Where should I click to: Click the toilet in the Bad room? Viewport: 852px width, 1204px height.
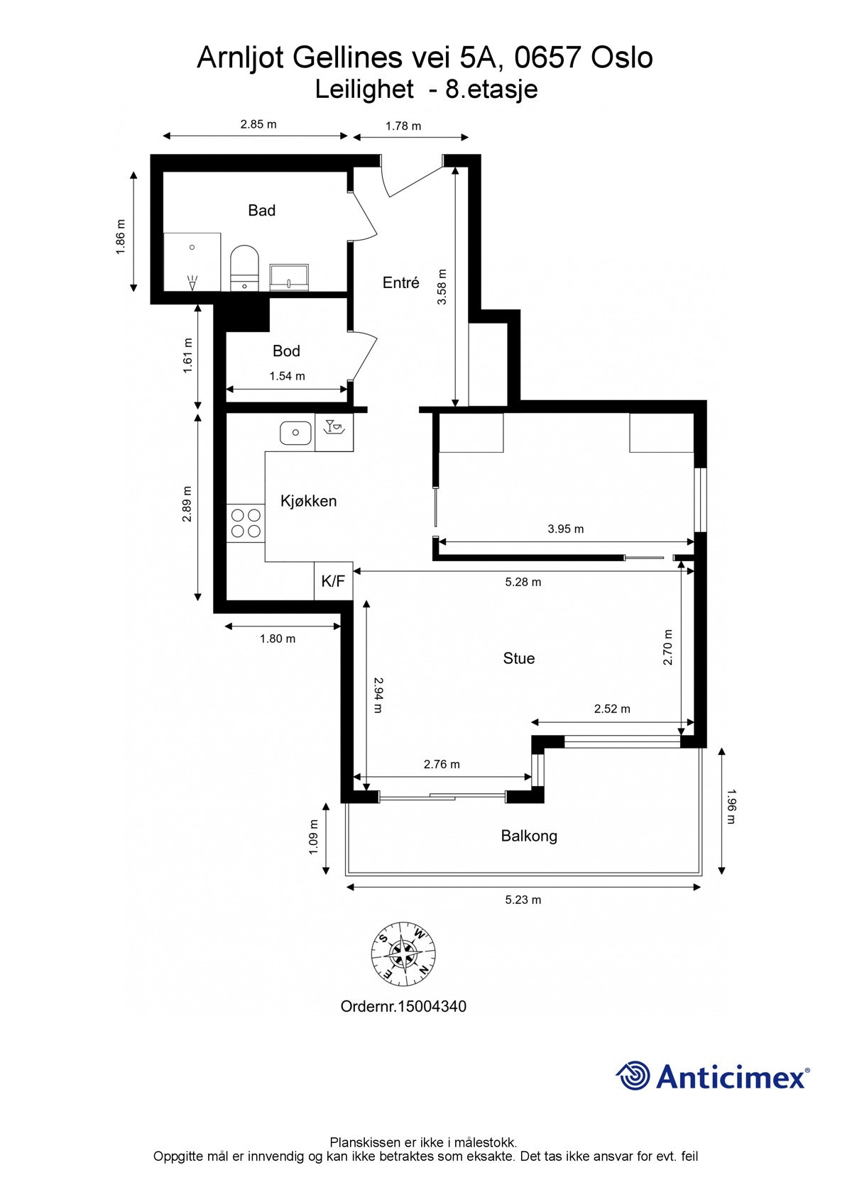[244, 268]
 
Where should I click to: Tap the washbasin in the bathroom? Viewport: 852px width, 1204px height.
[289, 277]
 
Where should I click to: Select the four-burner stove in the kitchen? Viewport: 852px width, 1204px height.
[246, 524]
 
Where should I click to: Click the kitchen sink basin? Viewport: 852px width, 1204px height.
[295, 433]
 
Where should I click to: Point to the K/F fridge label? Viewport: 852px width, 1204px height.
[333, 581]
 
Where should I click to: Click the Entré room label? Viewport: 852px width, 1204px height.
[400, 282]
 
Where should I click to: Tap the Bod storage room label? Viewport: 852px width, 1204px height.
[286, 351]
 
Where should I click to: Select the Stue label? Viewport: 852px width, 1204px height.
[519, 658]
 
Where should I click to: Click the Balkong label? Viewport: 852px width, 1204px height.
[529, 836]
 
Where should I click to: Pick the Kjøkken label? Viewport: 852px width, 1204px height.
[309, 501]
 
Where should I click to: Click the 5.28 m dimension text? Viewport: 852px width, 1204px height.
[523, 582]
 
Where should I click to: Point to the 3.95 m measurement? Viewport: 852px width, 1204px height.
[566, 529]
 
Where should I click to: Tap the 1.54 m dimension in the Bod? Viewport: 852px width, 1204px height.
[288, 376]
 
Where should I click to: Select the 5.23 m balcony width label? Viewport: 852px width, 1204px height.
[523, 900]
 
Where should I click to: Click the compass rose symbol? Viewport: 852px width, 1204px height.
[403, 955]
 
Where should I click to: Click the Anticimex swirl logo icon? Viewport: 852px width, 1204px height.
[633, 1074]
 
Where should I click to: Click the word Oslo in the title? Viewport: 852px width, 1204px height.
[622, 57]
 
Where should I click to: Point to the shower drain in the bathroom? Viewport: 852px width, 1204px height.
[192, 247]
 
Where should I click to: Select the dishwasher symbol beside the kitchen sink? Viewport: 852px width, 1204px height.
[334, 432]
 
